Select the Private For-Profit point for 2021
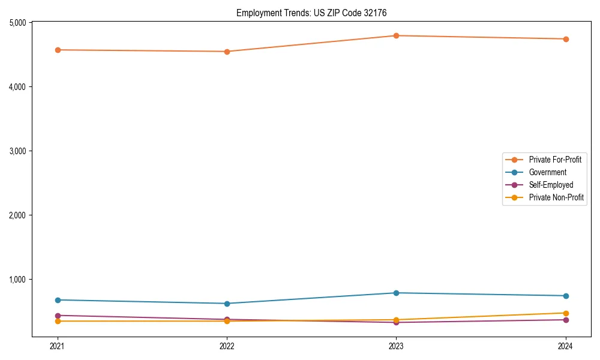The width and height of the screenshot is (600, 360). pos(58,50)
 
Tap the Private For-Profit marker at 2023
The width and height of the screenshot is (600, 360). pos(396,35)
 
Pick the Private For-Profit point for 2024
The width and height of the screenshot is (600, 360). pos(566,39)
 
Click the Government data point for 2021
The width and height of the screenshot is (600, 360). pos(58,300)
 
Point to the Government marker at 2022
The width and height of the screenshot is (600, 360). pos(227,304)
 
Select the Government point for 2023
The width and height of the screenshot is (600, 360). pos(396,293)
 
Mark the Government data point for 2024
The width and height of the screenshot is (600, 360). pos(566,296)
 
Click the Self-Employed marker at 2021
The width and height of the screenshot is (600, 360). pos(58,316)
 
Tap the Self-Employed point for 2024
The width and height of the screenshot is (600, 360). pos(566,320)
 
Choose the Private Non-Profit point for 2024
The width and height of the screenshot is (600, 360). pos(566,313)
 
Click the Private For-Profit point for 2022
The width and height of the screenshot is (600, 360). pos(227,52)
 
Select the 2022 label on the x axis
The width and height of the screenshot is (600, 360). pos(227,346)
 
